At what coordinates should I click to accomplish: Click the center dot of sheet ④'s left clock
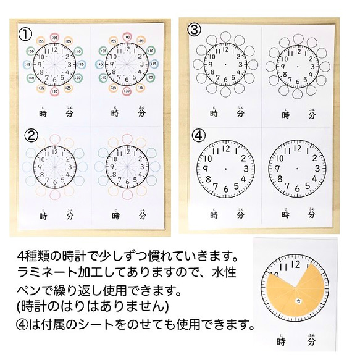(x=225, y=170)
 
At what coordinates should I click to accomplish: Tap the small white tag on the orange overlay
(x=298, y=301)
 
